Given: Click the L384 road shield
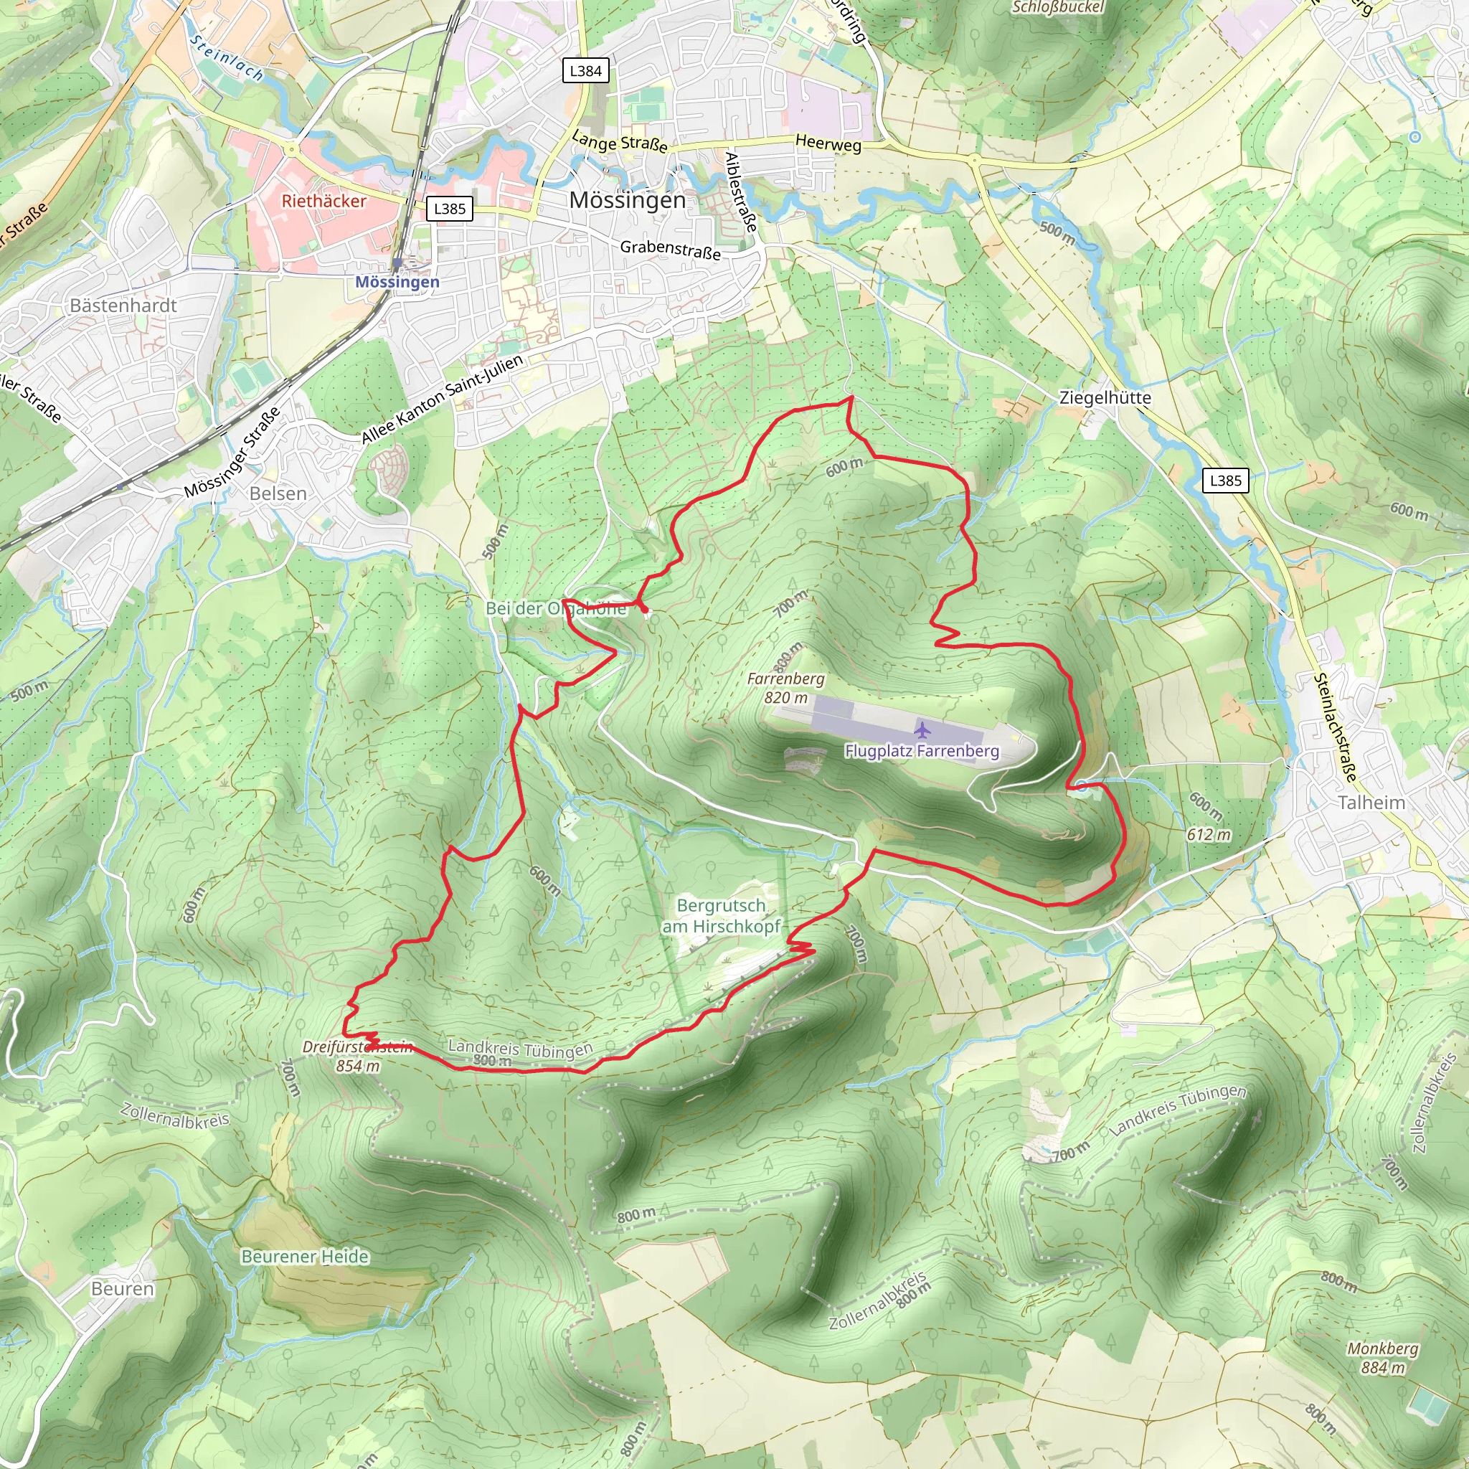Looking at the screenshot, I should (585, 71).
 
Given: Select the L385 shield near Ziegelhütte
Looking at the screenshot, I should (1225, 480).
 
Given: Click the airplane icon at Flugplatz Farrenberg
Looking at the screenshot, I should (922, 731).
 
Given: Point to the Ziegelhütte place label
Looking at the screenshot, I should (1105, 397).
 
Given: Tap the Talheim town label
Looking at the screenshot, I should (1371, 802).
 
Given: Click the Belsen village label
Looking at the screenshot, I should (278, 493).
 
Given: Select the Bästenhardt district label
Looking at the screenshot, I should (123, 305).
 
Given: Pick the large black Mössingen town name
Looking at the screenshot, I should (628, 200).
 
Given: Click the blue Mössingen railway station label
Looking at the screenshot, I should (397, 282).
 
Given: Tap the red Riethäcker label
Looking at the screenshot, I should (324, 201).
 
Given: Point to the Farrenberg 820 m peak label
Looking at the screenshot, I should (785, 687).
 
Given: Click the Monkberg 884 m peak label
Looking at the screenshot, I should (1382, 1357).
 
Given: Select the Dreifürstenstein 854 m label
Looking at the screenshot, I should (357, 1056).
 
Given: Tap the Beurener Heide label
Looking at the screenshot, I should (305, 1256).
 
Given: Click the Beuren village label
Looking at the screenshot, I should (123, 1289).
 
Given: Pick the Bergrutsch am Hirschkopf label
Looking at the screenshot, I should (721, 915).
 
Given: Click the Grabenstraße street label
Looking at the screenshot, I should (670, 250).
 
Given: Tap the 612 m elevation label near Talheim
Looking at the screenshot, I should (1208, 834).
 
